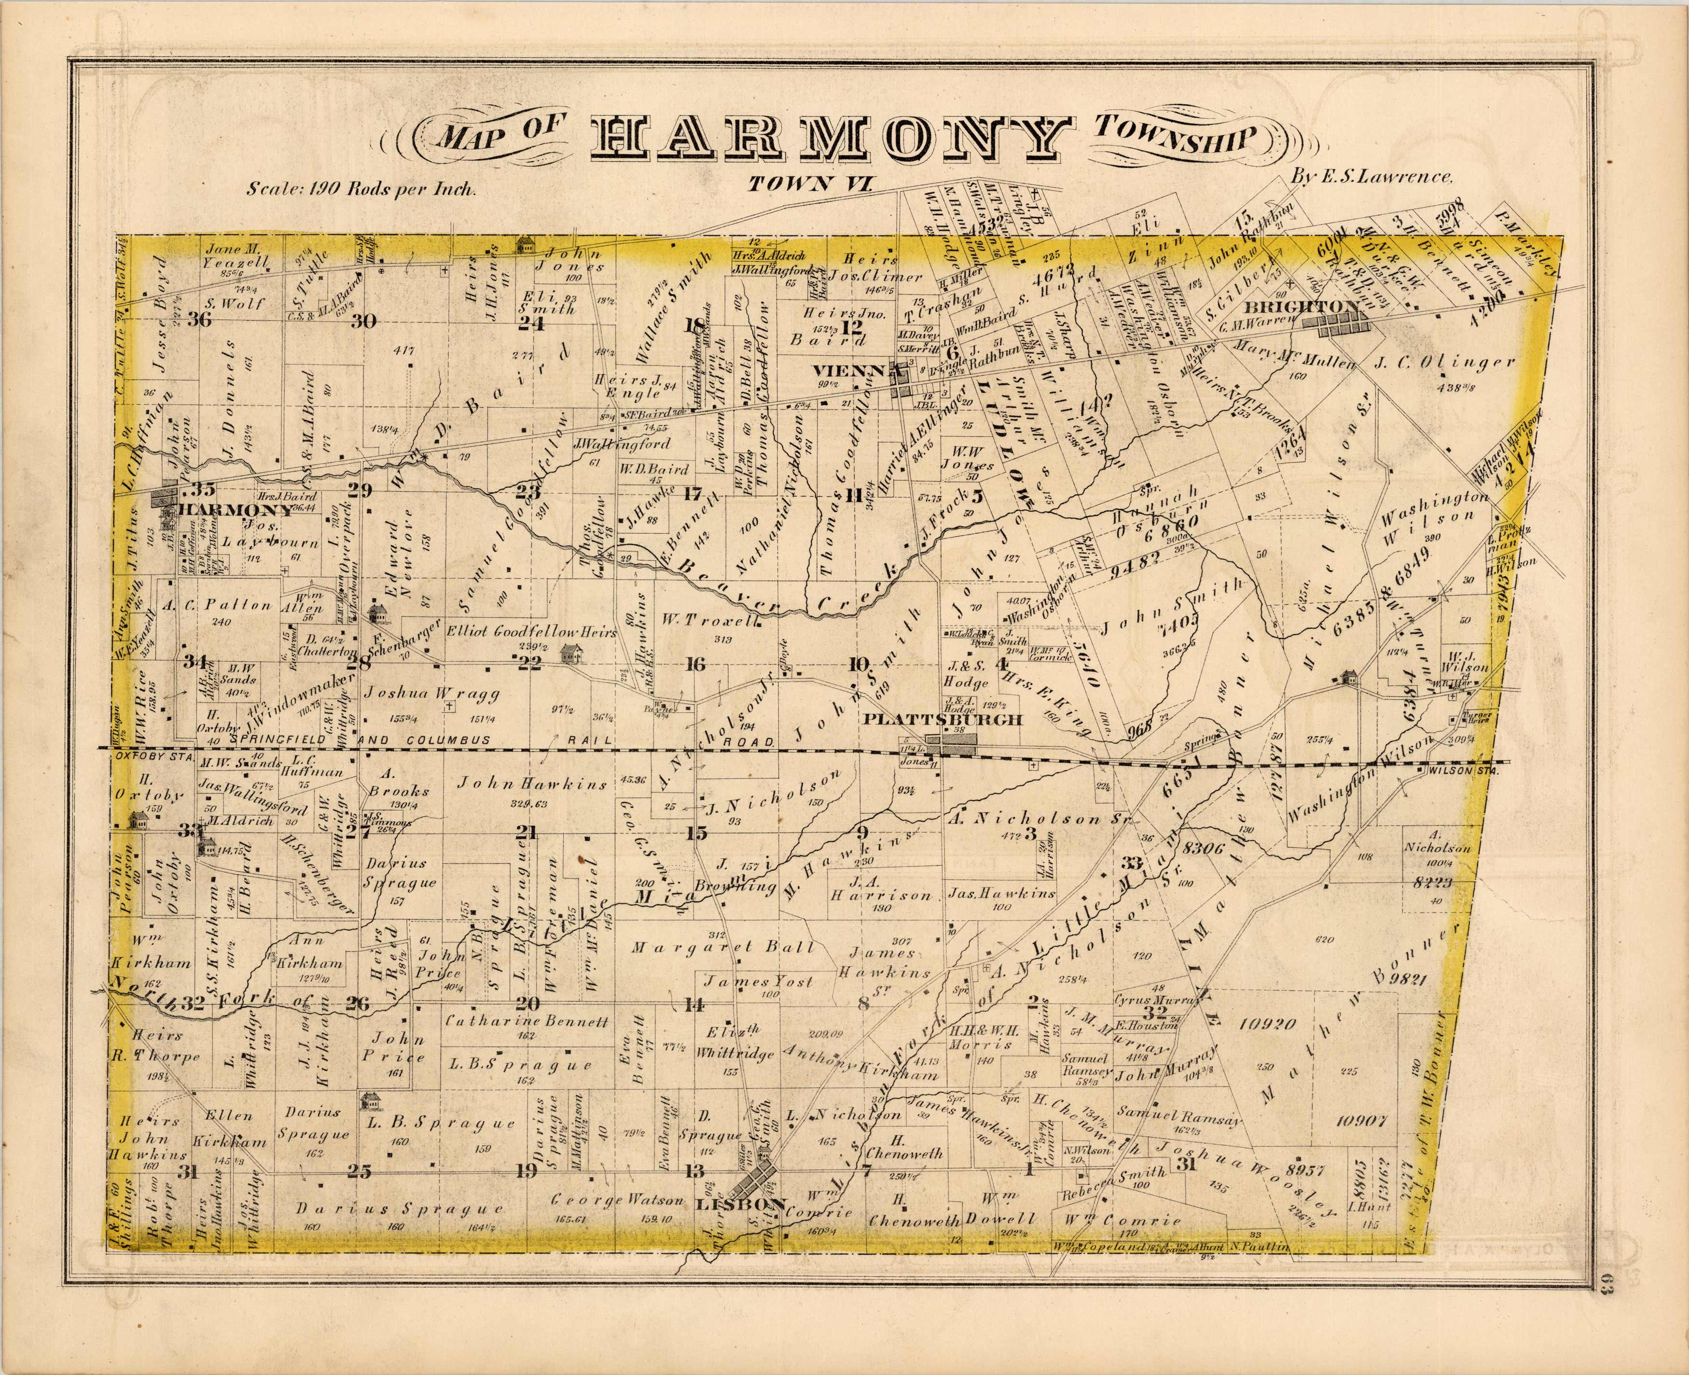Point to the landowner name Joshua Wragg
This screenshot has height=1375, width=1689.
(x=431, y=693)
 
